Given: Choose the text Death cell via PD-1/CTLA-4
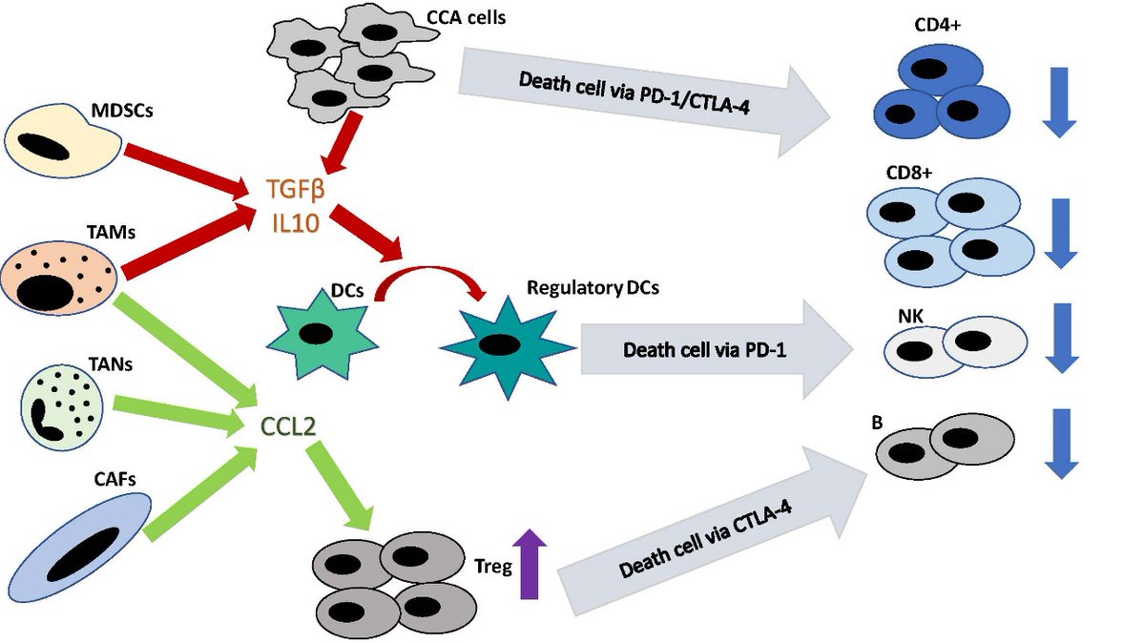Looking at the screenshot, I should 624,78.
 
